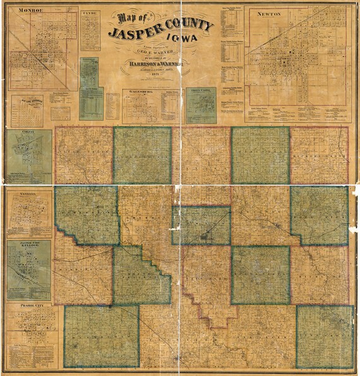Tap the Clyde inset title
[90, 11]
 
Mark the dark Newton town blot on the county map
[204, 238]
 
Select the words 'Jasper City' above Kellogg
[23, 243]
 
